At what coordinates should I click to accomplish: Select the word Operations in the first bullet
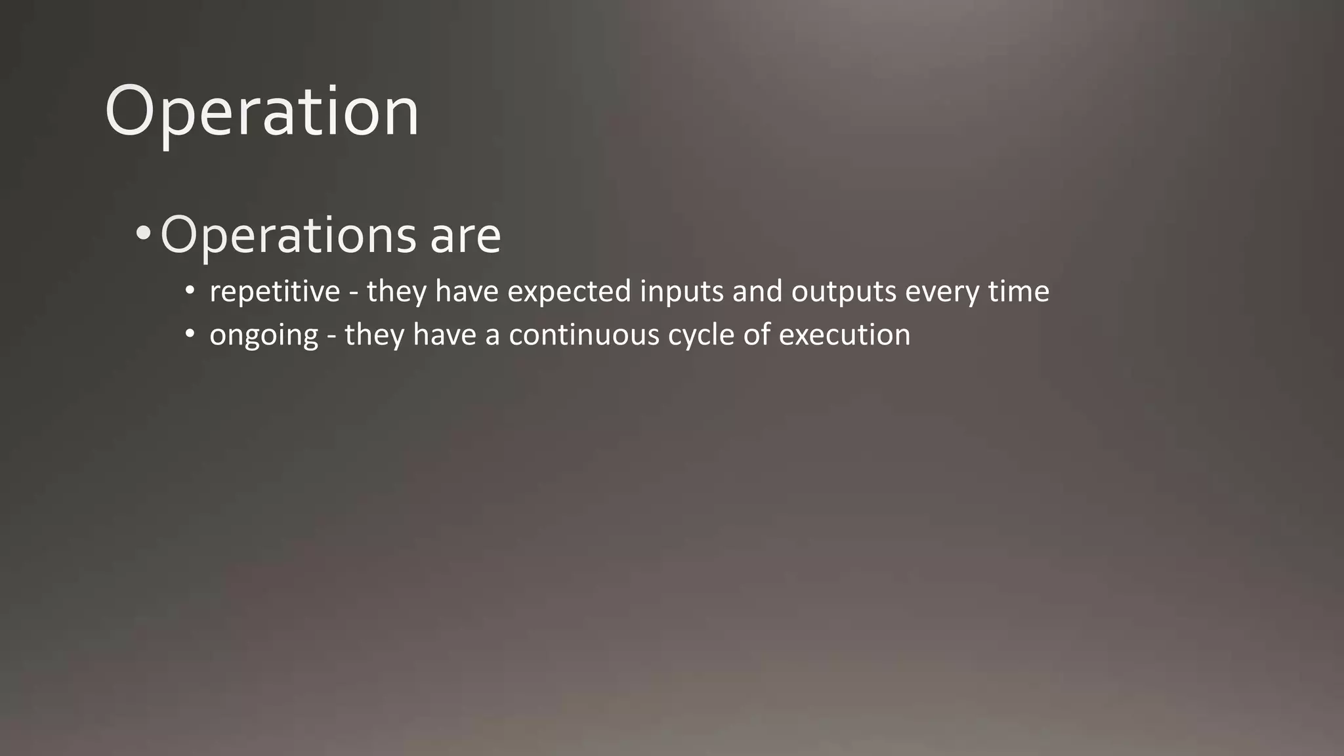(x=288, y=235)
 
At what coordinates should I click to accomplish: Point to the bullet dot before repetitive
(x=190, y=291)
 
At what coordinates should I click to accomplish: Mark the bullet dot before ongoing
(x=190, y=334)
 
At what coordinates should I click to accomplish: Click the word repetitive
(x=274, y=292)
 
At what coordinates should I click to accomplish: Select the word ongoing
(x=264, y=336)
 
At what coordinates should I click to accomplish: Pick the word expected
(x=569, y=292)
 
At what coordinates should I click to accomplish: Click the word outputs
(x=843, y=292)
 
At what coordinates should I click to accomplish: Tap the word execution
(x=845, y=335)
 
